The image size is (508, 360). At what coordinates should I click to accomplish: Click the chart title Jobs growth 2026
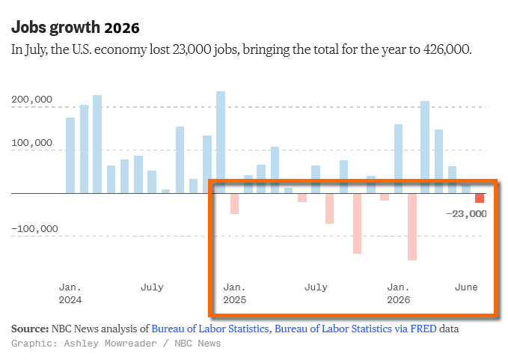click(75, 28)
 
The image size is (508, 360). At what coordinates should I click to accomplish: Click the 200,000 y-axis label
click(31, 100)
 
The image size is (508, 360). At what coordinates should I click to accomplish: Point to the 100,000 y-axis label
click(31, 143)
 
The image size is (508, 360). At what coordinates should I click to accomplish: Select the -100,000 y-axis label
click(34, 229)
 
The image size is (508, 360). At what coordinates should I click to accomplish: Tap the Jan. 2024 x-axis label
click(70, 293)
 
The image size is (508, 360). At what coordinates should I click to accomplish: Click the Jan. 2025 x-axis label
click(235, 293)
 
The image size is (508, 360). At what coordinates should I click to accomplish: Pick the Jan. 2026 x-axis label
click(399, 293)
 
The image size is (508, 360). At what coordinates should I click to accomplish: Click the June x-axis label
click(466, 287)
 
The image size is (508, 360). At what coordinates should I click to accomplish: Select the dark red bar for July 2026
click(480, 198)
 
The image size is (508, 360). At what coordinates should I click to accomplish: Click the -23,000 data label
click(466, 214)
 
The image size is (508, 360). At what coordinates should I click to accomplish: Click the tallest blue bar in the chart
click(221, 142)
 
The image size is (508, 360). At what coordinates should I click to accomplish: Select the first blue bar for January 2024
click(70, 156)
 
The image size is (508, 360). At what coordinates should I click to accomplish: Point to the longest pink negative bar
click(412, 227)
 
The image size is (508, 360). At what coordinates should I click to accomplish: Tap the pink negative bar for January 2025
click(235, 204)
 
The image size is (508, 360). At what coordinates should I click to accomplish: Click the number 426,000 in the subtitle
click(446, 49)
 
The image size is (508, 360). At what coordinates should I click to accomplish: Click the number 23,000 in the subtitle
click(192, 49)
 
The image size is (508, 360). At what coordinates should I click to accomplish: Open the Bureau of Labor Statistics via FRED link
click(355, 329)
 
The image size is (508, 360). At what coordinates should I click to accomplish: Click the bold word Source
click(30, 329)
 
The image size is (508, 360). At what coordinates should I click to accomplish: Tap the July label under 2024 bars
click(152, 287)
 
